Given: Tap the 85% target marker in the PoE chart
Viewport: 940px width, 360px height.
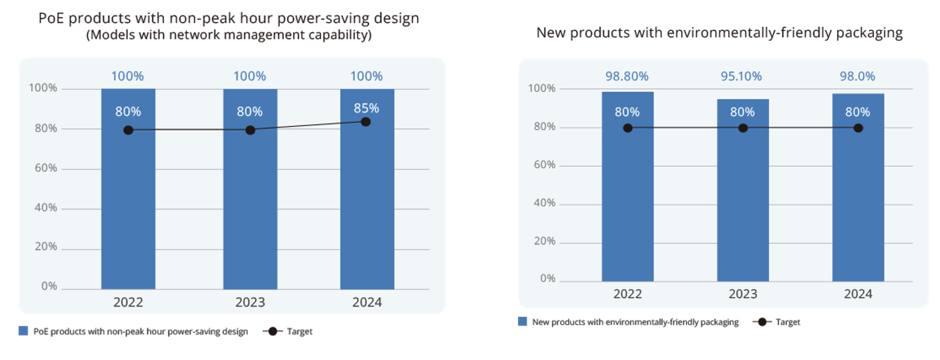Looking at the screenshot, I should click(365, 122).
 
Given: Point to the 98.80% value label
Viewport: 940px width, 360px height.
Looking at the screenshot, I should click(627, 77).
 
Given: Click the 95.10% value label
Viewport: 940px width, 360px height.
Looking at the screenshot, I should click(742, 77).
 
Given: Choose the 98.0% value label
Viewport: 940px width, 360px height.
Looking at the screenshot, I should click(858, 77).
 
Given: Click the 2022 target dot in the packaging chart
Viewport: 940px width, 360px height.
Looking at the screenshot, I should click(627, 128).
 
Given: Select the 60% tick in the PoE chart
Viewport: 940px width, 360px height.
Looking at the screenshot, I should click(44, 168).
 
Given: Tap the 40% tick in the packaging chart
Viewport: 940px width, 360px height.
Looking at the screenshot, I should click(543, 203).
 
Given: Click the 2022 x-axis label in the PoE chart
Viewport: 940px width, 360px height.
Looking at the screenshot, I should click(128, 302).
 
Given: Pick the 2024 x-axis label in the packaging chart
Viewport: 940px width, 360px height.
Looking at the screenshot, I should click(858, 294).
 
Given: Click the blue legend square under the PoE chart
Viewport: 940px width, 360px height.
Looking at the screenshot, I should click(23, 331).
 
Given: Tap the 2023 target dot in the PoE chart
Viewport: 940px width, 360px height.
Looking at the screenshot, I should click(250, 130).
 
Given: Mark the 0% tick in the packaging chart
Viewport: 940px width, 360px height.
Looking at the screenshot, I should click(547, 279).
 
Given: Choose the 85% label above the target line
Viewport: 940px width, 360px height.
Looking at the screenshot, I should click(366, 108).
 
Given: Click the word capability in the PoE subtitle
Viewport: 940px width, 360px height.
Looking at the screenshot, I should click(340, 36).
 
